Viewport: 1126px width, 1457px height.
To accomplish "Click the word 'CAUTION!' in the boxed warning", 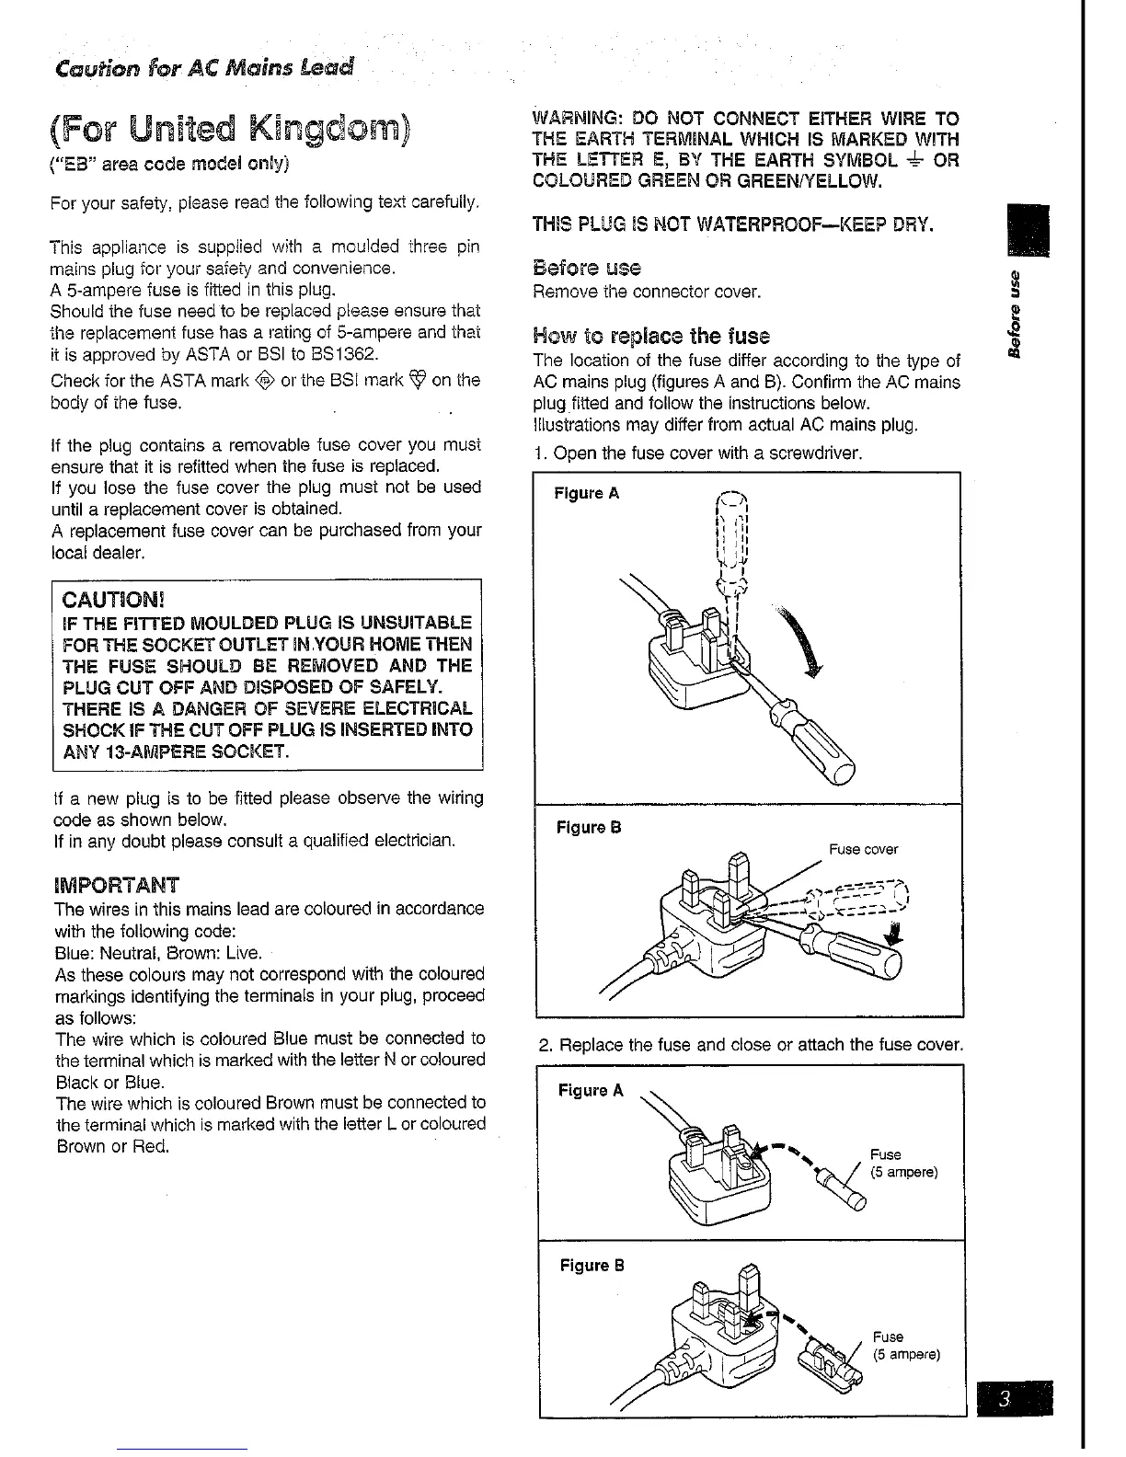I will click(x=110, y=602).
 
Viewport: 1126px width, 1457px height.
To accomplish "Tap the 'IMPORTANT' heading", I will click(x=117, y=886).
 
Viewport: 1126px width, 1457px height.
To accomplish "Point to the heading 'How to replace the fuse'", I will click(x=651, y=336).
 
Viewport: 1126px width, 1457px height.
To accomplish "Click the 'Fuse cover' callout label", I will click(x=863, y=849).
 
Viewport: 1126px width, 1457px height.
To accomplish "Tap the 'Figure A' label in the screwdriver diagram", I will click(x=586, y=493).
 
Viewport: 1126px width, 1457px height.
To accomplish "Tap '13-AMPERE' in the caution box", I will click(x=150, y=753).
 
